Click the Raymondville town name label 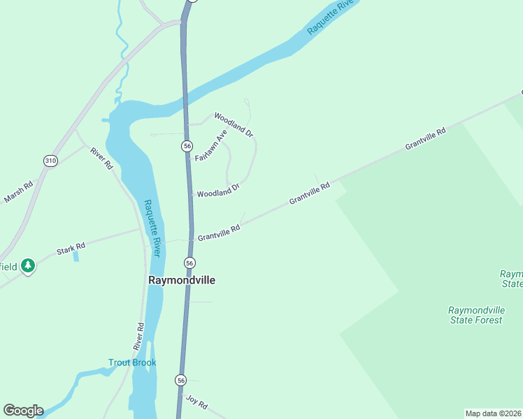point(181,279)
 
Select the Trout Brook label point(131,362)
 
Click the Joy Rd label point(196,402)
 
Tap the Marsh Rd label point(18,193)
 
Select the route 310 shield point(50,161)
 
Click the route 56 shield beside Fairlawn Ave point(187,145)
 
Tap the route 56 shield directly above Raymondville point(189,263)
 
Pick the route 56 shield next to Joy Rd point(181,381)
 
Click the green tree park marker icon point(27,265)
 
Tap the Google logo point(23,411)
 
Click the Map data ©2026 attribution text point(493,413)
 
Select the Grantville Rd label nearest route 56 point(219,233)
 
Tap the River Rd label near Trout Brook point(138,336)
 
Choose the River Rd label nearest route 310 point(101,158)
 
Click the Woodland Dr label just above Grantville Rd point(218,189)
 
